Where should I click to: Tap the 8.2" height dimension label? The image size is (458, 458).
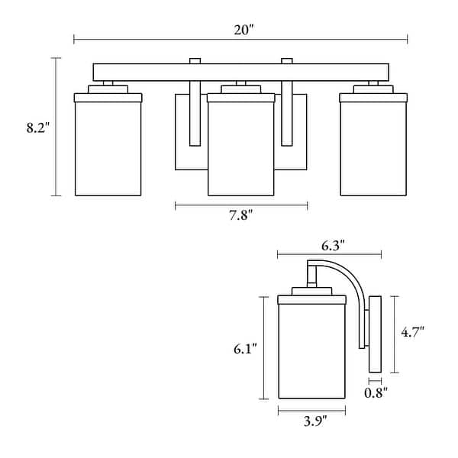pyautogui.click(x=37, y=128)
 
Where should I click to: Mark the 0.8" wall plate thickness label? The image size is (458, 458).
pyautogui.click(x=374, y=392)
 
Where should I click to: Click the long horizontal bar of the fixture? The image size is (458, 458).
pyautogui.click(x=241, y=73)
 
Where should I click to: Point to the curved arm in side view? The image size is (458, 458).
pyautogui.click(x=353, y=290)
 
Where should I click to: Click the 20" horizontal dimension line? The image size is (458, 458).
pyautogui.click(x=153, y=38)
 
